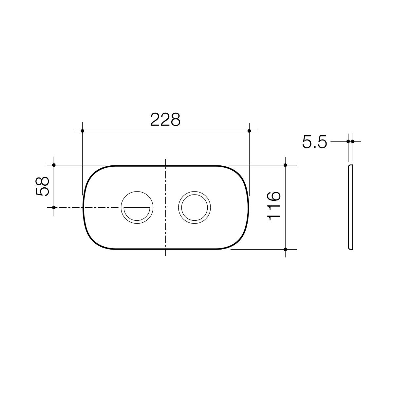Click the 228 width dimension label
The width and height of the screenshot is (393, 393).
(x=165, y=119)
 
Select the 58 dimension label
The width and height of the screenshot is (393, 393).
(x=43, y=186)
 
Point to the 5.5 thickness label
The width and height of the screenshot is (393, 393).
(x=314, y=141)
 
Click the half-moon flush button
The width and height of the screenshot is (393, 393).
(x=137, y=207)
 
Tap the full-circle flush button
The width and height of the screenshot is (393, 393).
(x=194, y=207)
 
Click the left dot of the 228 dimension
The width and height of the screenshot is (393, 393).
(x=83, y=131)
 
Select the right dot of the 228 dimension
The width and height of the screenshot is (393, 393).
(x=249, y=131)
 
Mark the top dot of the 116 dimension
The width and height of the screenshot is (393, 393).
(x=285, y=165)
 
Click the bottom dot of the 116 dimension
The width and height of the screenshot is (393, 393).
(x=285, y=250)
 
